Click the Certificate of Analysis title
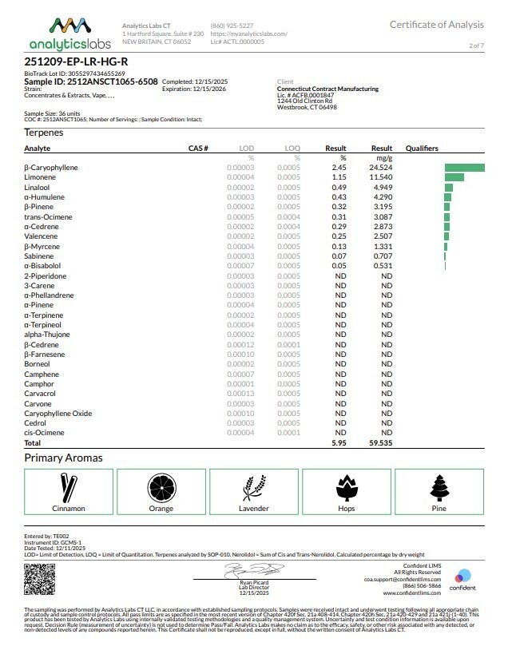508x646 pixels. pyautogui.click(x=437, y=25)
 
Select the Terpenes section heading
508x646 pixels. pyautogui.click(x=44, y=132)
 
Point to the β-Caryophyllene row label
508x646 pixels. pyautogui.click(x=51, y=168)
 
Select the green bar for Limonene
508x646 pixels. pyautogui.click(x=454, y=177)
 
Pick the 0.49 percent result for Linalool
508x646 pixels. pyautogui.click(x=338, y=188)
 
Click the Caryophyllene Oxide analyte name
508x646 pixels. pyautogui.click(x=58, y=414)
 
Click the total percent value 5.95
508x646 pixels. pyautogui.click(x=338, y=442)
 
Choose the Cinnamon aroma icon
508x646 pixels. pyautogui.click(x=68, y=488)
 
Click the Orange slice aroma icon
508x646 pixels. pyautogui.click(x=160, y=488)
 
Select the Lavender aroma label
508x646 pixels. pyautogui.click(x=254, y=508)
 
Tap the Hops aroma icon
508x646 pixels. pyautogui.click(x=347, y=488)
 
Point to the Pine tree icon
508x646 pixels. pyautogui.click(x=439, y=488)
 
